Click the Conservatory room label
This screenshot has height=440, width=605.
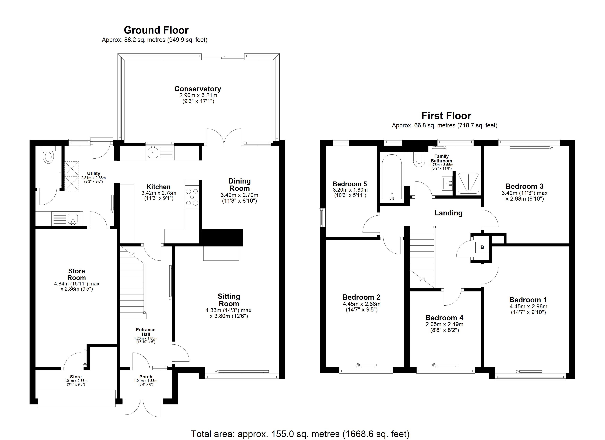[198, 89]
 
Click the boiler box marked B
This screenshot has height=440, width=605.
[482, 247]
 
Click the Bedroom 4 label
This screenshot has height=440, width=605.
[444, 318]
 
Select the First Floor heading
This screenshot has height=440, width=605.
[446, 116]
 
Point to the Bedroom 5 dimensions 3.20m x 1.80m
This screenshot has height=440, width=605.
[350, 190]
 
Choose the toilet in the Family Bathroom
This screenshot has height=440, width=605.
[419, 159]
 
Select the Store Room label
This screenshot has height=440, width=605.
[77, 274]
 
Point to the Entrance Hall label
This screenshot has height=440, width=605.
[146, 332]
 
